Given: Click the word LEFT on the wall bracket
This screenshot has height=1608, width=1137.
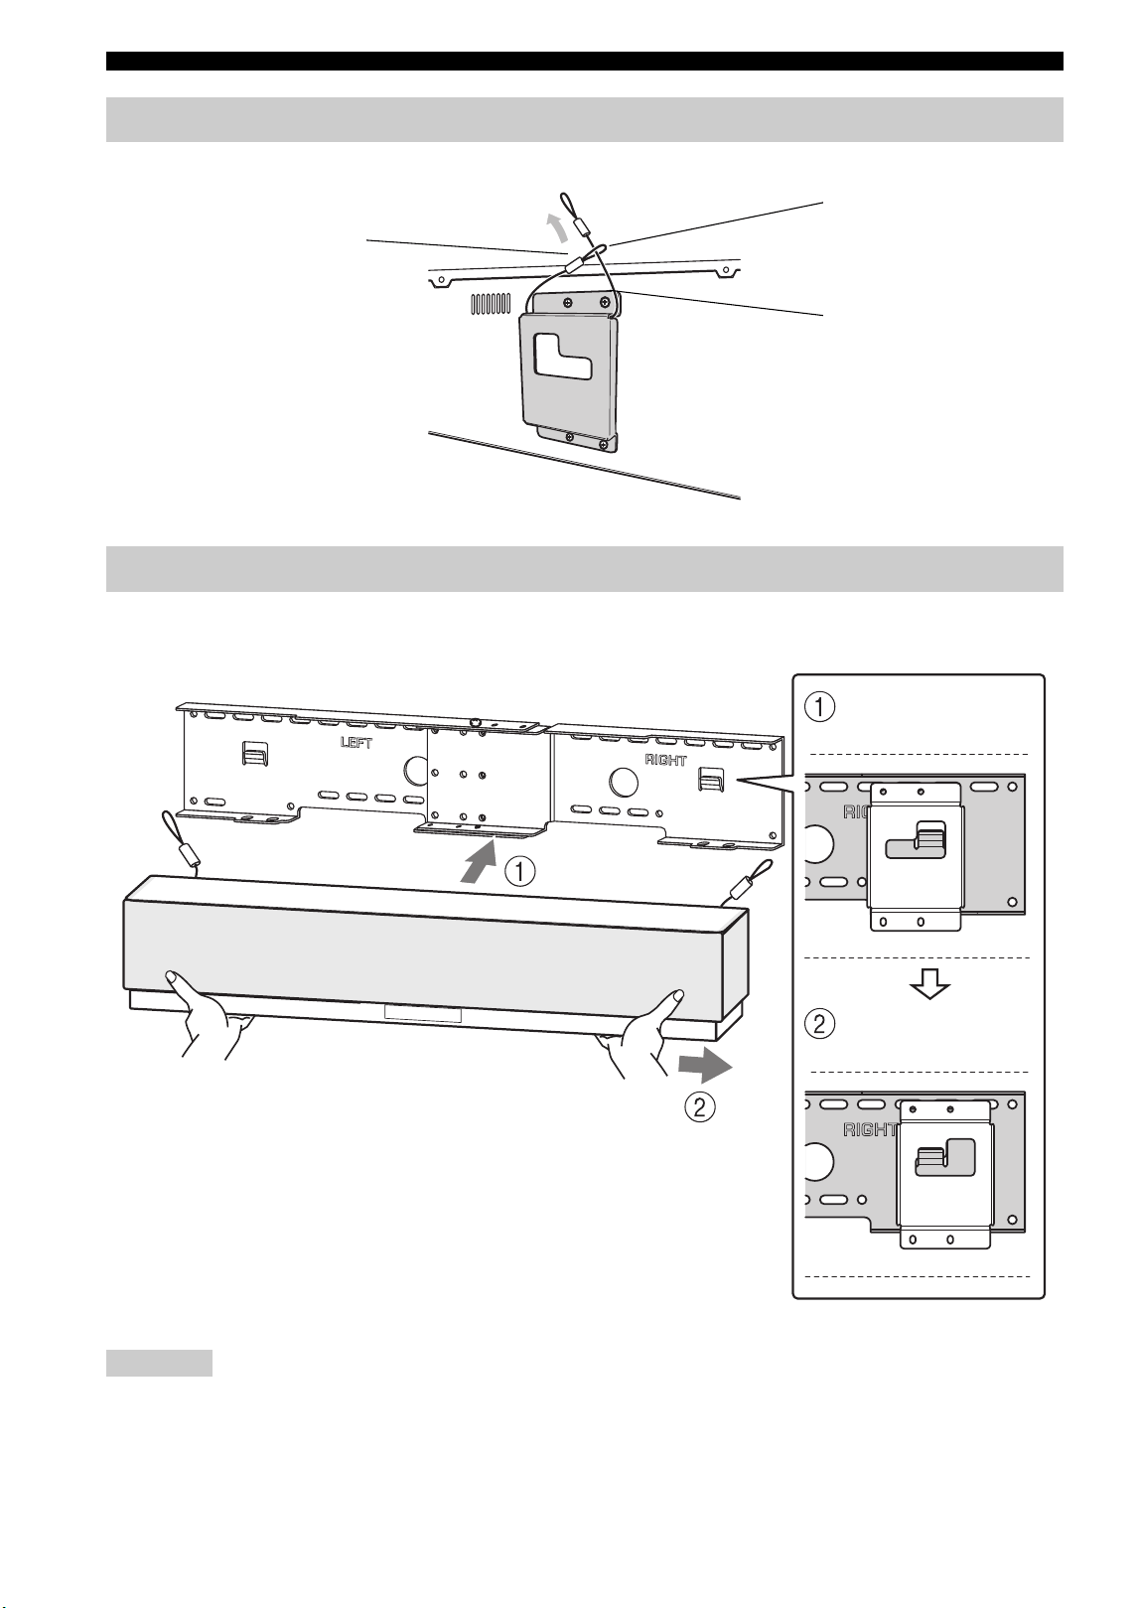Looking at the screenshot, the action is pyautogui.click(x=356, y=742).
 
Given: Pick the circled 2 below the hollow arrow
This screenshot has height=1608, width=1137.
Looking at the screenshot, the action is pyautogui.click(x=819, y=1023).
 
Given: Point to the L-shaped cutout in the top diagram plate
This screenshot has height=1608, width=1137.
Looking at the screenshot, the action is pyautogui.click(x=563, y=355).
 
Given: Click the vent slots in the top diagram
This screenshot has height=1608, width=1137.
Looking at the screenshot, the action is pyautogui.click(x=491, y=304).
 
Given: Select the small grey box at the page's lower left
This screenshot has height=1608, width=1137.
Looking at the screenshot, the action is pyautogui.click(x=159, y=1363).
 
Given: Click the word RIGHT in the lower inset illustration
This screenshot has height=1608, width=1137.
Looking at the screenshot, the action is pyautogui.click(x=869, y=1130).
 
